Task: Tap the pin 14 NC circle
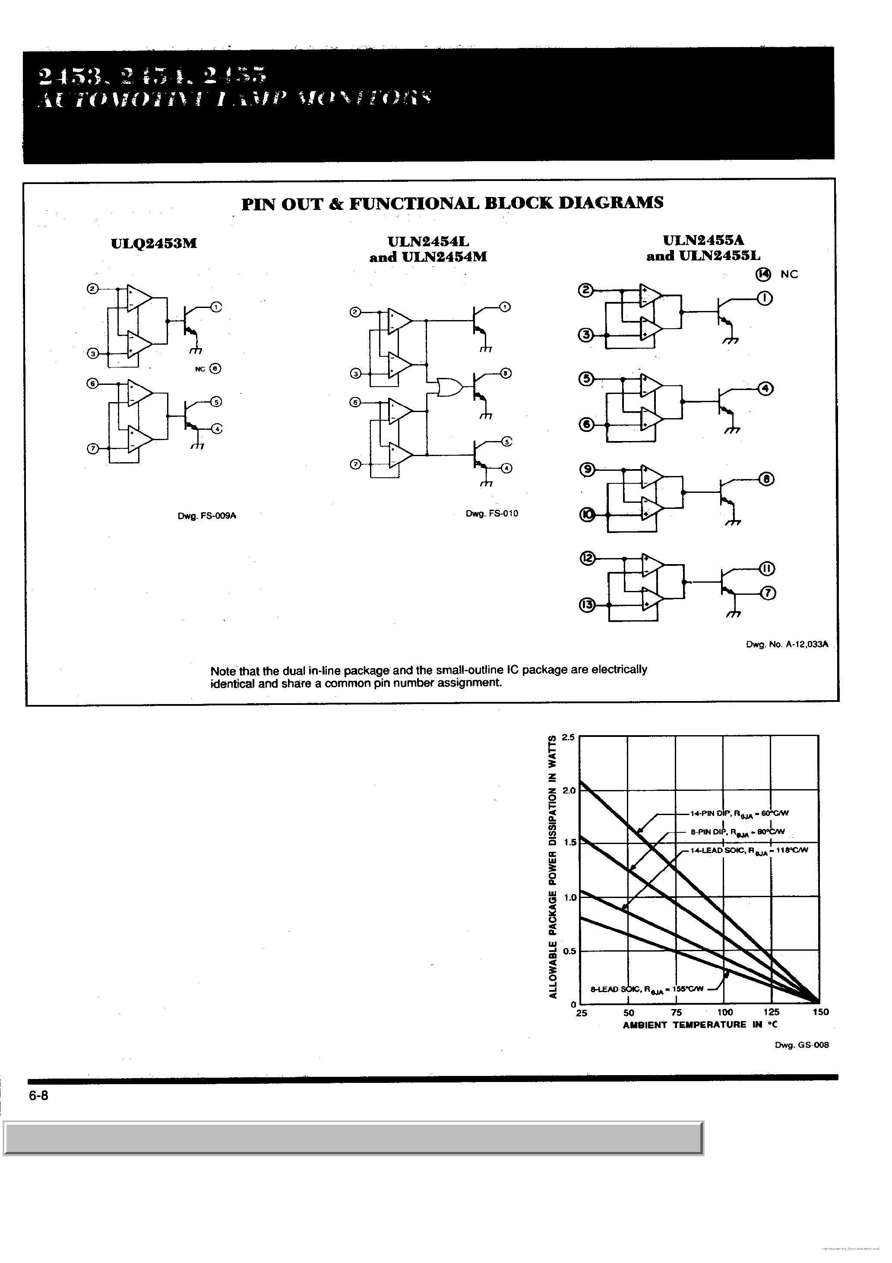(764, 274)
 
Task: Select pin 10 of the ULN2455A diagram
(587, 515)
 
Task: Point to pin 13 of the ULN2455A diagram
(587, 605)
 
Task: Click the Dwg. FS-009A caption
(207, 516)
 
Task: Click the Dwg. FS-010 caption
(492, 513)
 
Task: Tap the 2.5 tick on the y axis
(568, 737)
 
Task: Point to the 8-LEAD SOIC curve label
(647, 989)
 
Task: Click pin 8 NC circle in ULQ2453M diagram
(215, 368)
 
